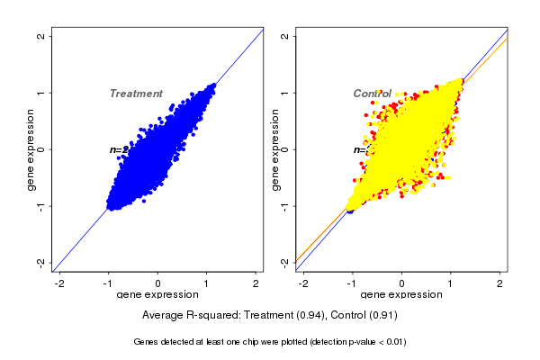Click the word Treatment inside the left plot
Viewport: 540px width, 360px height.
[x=136, y=94]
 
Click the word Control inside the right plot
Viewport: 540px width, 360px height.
[x=372, y=94]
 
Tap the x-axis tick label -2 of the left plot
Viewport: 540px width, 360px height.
[x=60, y=284]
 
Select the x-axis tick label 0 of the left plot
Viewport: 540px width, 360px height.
[x=158, y=284]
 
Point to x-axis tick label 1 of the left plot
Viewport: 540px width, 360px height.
[x=207, y=284]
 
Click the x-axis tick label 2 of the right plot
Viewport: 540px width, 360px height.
[x=500, y=284]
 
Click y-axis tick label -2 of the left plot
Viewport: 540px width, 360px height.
[x=41, y=262]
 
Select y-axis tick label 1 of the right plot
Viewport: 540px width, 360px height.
[x=285, y=93]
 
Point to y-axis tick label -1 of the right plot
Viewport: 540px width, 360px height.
[x=285, y=206]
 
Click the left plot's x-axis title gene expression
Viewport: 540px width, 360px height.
[x=158, y=295]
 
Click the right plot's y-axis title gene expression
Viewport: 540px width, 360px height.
[x=275, y=149]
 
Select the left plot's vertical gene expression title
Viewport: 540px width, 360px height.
[x=31, y=149]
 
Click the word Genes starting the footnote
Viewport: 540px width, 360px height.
[x=147, y=342]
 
